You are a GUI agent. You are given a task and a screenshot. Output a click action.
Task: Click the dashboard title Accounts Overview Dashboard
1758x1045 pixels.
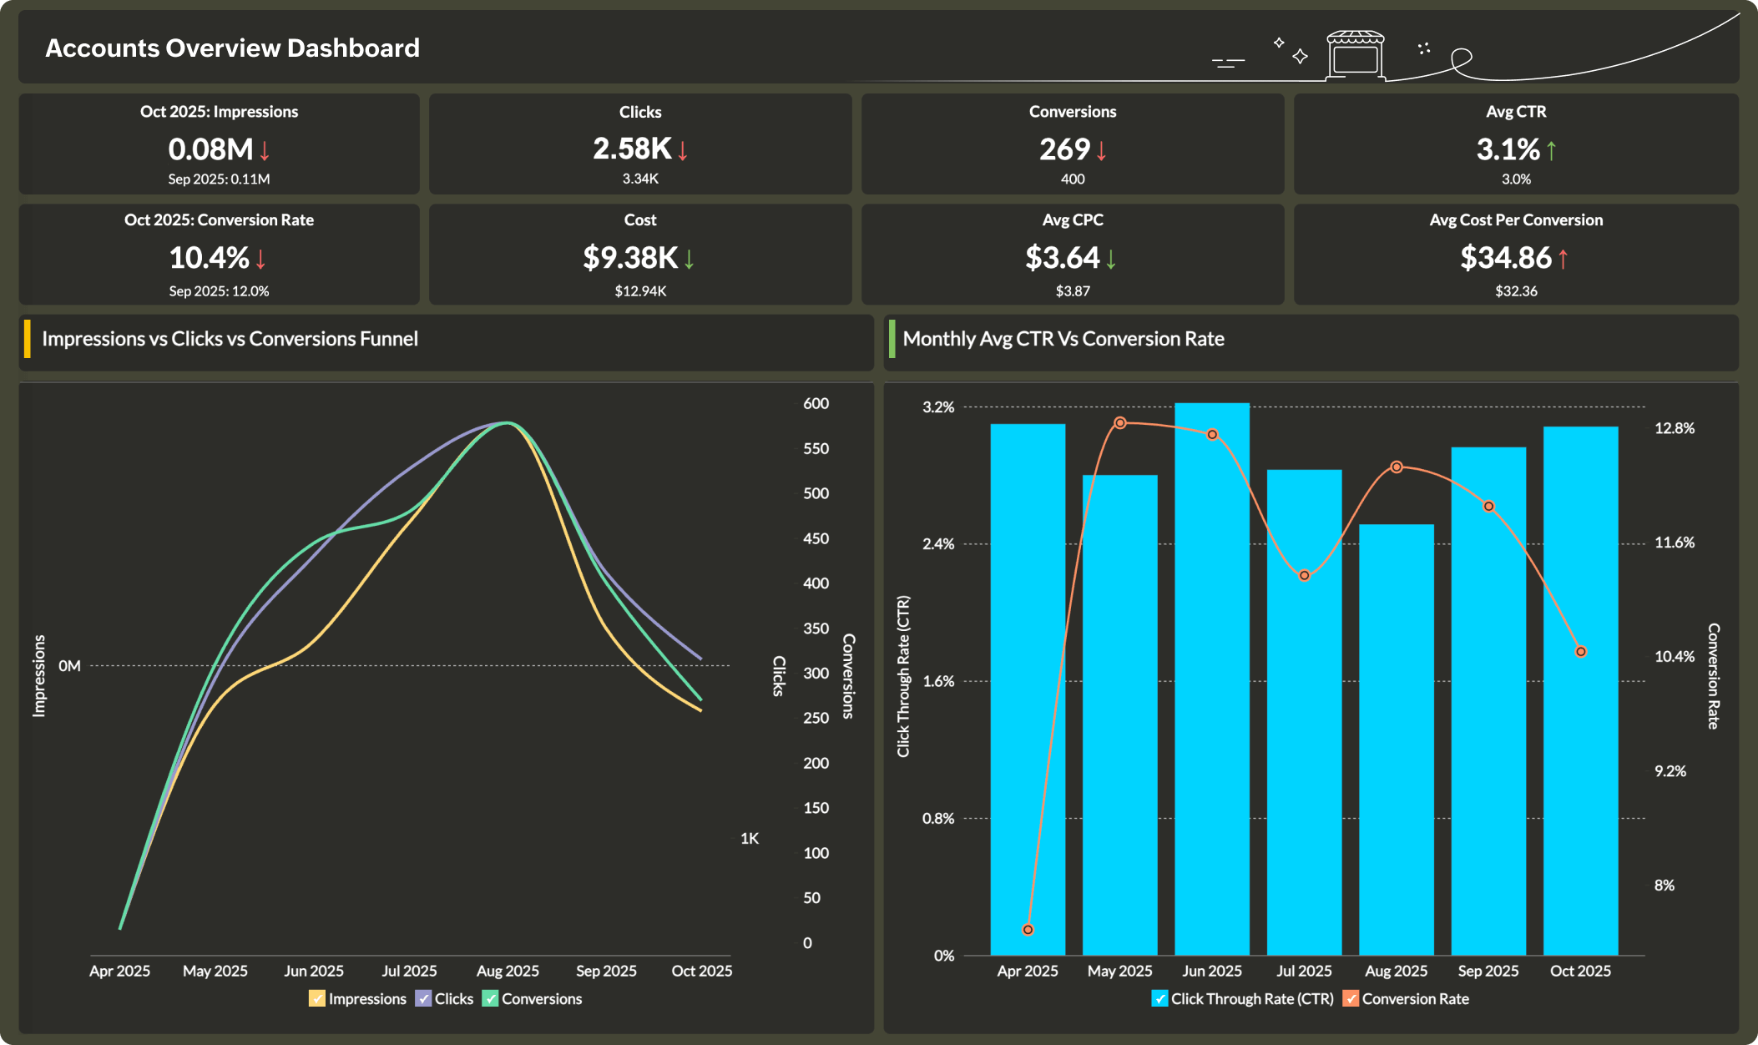tap(232, 48)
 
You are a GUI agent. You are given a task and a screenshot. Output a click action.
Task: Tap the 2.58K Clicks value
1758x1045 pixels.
tap(632, 149)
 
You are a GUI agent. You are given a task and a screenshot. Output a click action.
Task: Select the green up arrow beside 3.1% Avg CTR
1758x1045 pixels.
tap(1551, 150)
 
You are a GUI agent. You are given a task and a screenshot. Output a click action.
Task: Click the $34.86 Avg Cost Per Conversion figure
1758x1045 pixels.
tap(1505, 258)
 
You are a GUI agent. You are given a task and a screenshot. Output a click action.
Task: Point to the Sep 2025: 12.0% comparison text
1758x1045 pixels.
tap(219, 291)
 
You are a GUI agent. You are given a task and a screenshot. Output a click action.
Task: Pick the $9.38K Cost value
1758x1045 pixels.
tap(630, 258)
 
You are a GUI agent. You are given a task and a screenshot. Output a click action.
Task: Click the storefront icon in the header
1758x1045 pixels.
tap(1355, 55)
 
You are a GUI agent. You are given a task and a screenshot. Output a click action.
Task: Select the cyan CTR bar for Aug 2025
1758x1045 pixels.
tap(1396, 739)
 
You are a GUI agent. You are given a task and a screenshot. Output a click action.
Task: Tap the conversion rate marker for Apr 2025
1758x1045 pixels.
tap(1028, 930)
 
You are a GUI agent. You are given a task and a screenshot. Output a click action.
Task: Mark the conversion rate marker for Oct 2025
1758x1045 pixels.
tap(1580, 652)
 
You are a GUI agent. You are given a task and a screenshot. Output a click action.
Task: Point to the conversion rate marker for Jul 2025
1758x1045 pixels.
tap(1304, 576)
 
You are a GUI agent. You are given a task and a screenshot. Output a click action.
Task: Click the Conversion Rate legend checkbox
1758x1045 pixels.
tap(1350, 999)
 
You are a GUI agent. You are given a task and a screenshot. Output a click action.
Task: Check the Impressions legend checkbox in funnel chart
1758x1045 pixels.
tap(316, 999)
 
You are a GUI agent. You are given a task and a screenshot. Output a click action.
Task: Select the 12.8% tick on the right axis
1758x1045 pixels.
tap(1674, 428)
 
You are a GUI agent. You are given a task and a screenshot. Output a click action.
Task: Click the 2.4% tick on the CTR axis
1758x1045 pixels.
tap(937, 544)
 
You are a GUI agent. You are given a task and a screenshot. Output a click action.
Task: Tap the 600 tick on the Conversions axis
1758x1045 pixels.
tap(816, 404)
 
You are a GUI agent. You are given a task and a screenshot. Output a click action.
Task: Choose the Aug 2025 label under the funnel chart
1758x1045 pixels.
tap(508, 971)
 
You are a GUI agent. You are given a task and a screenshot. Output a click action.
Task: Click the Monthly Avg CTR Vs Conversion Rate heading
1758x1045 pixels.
tap(1063, 339)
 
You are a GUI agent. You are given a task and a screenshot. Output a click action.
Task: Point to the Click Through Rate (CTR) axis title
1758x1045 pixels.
tap(903, 676)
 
